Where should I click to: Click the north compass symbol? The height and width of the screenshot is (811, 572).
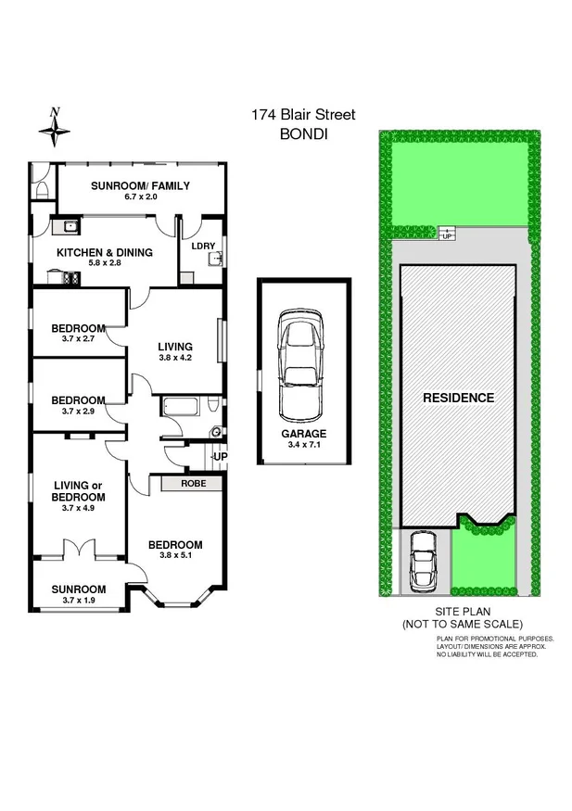pos(57,127)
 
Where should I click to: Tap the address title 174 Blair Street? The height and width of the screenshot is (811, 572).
pos(303,115)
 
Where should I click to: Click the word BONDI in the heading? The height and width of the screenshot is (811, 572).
pos(303,133)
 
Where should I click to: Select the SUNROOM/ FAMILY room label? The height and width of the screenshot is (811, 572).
pos(140,186)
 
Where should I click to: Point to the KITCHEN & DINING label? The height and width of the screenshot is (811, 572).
pos(105,252)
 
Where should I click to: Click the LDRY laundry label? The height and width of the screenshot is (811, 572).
pos(203,246)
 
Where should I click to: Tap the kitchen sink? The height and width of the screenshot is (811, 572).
pos(68,225)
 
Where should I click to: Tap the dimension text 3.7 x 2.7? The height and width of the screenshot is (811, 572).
pos(78,340)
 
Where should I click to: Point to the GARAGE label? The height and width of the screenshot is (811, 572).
pos(304,434)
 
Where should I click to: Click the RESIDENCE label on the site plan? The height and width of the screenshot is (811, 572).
pos(458,398)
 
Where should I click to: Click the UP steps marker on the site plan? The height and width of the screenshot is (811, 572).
pos(447,234)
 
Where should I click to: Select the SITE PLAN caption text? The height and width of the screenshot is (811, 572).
pos(462,613)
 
